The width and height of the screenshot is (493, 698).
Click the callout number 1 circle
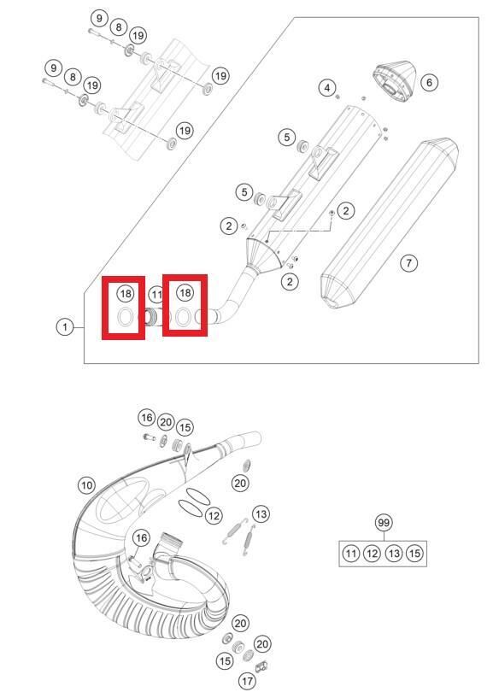tap(63, 327)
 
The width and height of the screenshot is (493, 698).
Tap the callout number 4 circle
tap(326, 87)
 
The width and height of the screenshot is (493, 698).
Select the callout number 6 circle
tap(429, 83)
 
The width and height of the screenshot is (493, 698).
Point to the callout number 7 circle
tap(409, 262)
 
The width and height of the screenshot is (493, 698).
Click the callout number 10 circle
tap(86, 484)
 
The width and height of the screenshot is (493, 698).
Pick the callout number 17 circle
tap(247, 681)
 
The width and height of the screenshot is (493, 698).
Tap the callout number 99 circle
tap(383, 523)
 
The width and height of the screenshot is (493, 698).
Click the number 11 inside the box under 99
tap(351, 554)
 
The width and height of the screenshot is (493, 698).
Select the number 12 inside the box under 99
tap(372, 554)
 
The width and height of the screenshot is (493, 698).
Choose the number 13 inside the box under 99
tap(393, 554)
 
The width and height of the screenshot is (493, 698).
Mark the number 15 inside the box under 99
tap(414, 554)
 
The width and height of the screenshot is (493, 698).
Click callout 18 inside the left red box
tap(126, 293)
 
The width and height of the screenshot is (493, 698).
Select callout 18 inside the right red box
tap(185, 293)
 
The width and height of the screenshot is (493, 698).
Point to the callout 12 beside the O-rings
tap(214, 515)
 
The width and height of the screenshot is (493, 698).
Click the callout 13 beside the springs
tap(261, 513)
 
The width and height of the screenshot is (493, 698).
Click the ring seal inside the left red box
tap(124, 320)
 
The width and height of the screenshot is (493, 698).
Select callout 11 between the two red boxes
tap(156, 295)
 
